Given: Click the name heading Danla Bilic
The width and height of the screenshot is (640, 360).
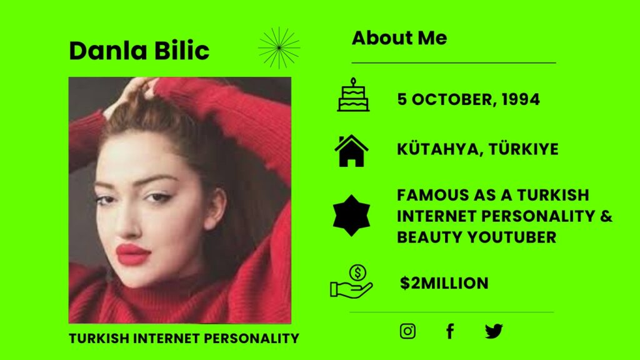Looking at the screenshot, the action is pos(139,51).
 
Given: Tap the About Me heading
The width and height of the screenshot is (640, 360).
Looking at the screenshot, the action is pos(399,38).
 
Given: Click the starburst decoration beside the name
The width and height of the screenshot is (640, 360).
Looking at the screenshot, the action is pos(279,47).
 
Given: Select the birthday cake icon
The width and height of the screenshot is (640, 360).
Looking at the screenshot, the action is pos(353,95).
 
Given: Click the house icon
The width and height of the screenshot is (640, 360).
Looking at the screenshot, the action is pos(351,151).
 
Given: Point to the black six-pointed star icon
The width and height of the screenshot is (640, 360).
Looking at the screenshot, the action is pos(351,216).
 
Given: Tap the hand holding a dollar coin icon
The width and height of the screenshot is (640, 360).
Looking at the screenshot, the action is pos(351,281).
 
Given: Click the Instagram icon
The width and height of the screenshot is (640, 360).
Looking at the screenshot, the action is pos(407,331).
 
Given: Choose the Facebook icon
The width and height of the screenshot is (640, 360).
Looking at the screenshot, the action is pos(450,331).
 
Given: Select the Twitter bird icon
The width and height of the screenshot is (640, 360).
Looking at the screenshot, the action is pos(494,331).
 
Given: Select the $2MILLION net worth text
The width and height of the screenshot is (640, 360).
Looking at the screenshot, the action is pos(444,283).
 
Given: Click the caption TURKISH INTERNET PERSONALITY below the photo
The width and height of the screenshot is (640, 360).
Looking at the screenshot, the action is pos(184,338).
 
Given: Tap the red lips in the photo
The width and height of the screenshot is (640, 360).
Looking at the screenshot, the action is pos(134,254).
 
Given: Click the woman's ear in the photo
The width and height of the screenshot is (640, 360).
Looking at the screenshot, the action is pos(216,207).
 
